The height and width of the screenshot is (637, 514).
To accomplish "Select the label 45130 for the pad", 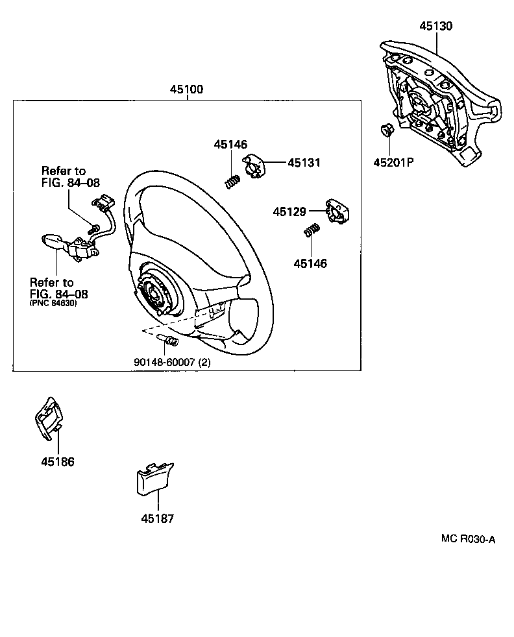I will click(435, 27).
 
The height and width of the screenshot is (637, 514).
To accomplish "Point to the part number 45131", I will click(304, 163).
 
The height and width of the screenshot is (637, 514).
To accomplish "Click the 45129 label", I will click(289, 211).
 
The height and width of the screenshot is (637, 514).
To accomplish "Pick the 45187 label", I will click(157, 518).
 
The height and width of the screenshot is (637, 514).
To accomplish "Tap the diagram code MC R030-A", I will click(468, 538).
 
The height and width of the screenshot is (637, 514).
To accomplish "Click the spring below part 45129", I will click(312, 230).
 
